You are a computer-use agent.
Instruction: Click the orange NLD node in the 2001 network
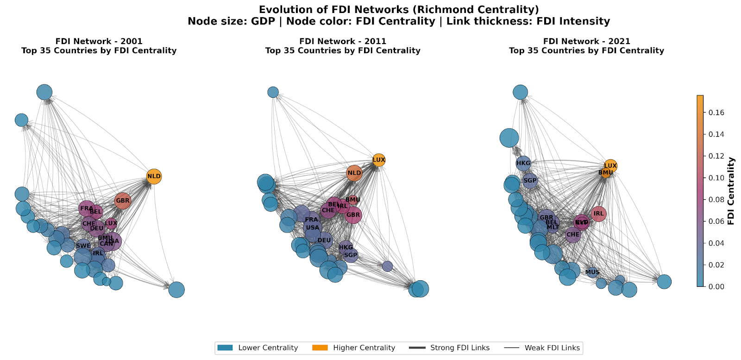(x=154, y=177)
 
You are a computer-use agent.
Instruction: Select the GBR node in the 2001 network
(x=123, y=201)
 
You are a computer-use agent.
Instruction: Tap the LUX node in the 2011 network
(x=379, y=160)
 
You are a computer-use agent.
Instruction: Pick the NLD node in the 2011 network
(x=354, y=173)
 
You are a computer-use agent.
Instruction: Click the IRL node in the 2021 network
(x=599, y=214)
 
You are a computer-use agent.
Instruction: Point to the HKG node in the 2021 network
(x=523, y=163)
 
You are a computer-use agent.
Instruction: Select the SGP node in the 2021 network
(x=530, y=181)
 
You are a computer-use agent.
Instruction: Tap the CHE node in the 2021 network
(x=573, y=234)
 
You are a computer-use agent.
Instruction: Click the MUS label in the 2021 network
(x=592, y=272)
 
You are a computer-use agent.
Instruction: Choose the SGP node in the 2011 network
(x=351, y=255)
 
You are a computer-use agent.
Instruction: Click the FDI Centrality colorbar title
(x=731, y=191)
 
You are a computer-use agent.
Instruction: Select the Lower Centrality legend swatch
(x=225, y=348)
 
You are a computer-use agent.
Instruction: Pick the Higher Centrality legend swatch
(x=320, y=348)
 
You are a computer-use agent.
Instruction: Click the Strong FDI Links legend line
(x=417, y=348)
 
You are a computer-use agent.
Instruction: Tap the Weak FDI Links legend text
(x=552, y=348)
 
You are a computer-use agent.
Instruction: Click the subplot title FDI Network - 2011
(x=343, y=41)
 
